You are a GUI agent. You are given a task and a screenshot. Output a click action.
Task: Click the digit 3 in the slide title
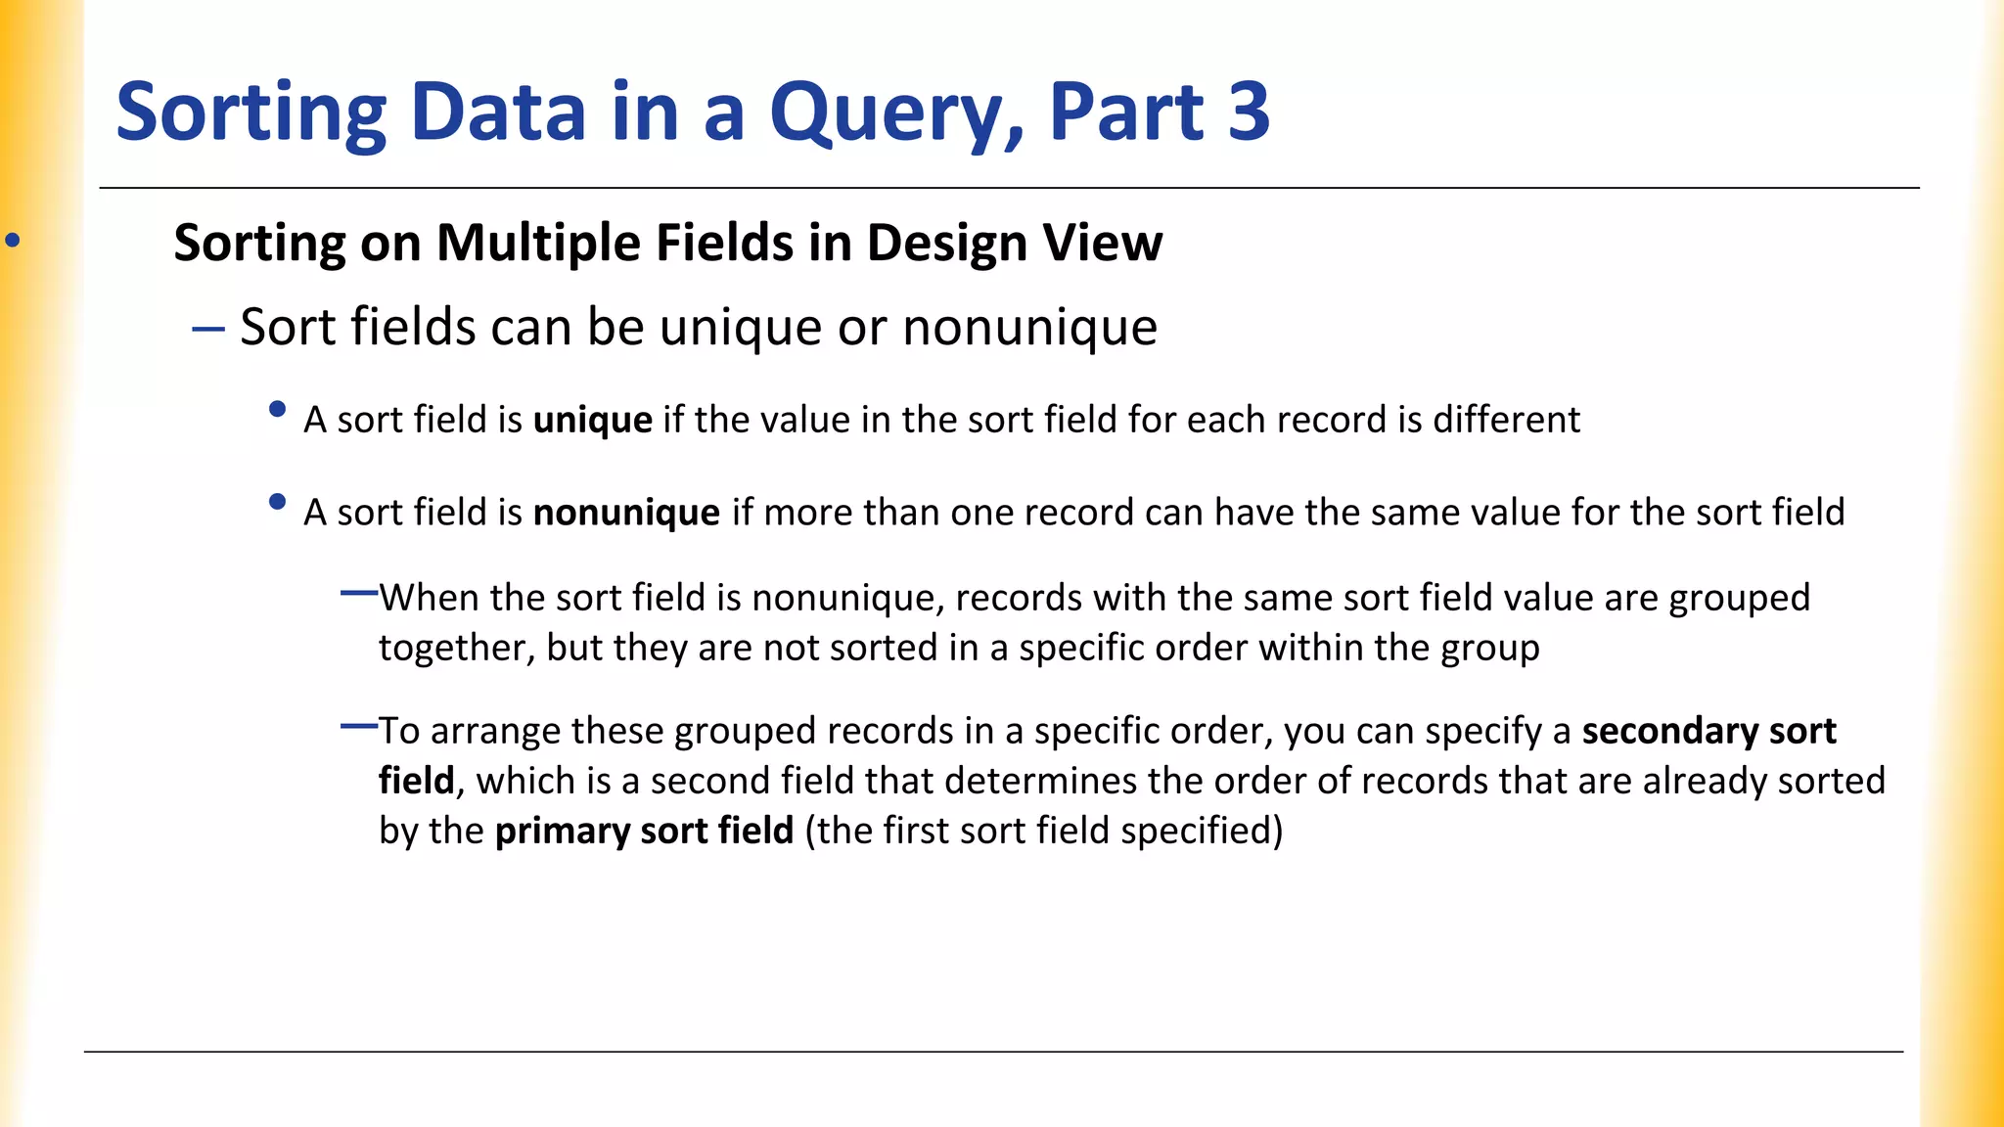point(1248,112)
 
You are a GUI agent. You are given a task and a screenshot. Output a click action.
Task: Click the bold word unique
point(592,421)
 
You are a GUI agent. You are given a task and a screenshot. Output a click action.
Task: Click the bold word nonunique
point(626,514)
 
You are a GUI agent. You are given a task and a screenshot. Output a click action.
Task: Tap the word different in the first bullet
point(1506,420)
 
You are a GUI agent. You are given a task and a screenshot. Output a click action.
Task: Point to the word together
point(456,649)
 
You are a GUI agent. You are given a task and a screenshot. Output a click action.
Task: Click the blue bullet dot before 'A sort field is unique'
point(277,410)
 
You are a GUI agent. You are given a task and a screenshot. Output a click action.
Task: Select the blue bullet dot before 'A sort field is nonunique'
point(277,503)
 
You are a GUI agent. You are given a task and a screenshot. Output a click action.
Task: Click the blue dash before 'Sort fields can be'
point(208,329)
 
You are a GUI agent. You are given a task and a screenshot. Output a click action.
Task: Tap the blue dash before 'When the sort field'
point(358,593)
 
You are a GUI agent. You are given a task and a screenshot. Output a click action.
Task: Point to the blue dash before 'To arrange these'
point(358,726)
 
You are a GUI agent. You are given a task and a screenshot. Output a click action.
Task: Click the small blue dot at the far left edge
point(13,240)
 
